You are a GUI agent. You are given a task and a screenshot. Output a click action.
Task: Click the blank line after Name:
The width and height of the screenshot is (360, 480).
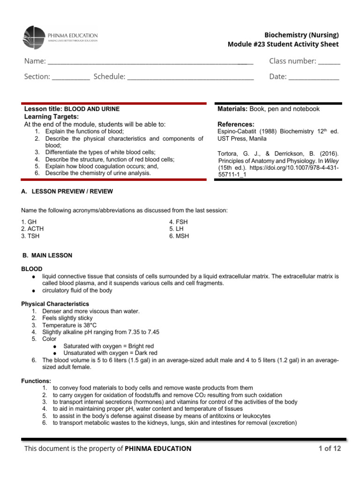[x=150, y=62]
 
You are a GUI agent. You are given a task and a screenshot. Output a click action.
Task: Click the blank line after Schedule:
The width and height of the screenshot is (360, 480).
[x=190, y=77]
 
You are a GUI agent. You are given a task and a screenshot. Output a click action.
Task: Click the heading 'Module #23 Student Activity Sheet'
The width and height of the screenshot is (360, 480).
[x=283, y=44]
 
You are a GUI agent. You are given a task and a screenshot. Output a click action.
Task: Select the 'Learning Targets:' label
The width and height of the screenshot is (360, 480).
[x=52, y=116]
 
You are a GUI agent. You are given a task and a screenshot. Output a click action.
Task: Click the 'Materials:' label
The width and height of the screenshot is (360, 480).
[x=232, y=109]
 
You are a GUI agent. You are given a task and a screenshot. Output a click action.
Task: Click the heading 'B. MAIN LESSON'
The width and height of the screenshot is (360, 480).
[x=47, y=255]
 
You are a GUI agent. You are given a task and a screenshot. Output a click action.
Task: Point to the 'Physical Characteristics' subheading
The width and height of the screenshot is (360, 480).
[x=55, y=304]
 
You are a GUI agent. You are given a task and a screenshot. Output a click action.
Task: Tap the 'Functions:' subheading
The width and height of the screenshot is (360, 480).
[x=36, y=381]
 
